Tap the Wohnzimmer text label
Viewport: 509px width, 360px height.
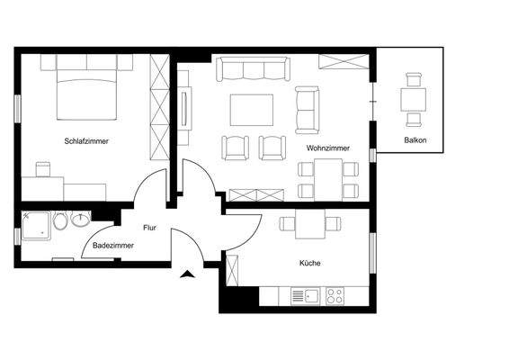tap(327, 147)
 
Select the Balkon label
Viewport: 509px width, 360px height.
tap(415, 140)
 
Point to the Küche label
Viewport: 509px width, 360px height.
tap(309, 263)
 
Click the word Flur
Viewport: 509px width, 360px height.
tap(149, 229)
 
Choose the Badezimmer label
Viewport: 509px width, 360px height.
tap(113, 245)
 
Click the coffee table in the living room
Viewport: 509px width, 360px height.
tap(253, 110)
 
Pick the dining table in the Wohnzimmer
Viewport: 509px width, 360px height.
tap(328, 176)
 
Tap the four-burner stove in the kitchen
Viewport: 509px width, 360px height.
tap(336, 294)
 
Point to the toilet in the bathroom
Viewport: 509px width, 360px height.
tap(61, 220)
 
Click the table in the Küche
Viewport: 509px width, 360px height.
tap(302, 225)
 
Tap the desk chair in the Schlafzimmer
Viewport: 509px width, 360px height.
tap(42, 168)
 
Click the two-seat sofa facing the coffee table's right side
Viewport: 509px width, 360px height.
tap(307, 110)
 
